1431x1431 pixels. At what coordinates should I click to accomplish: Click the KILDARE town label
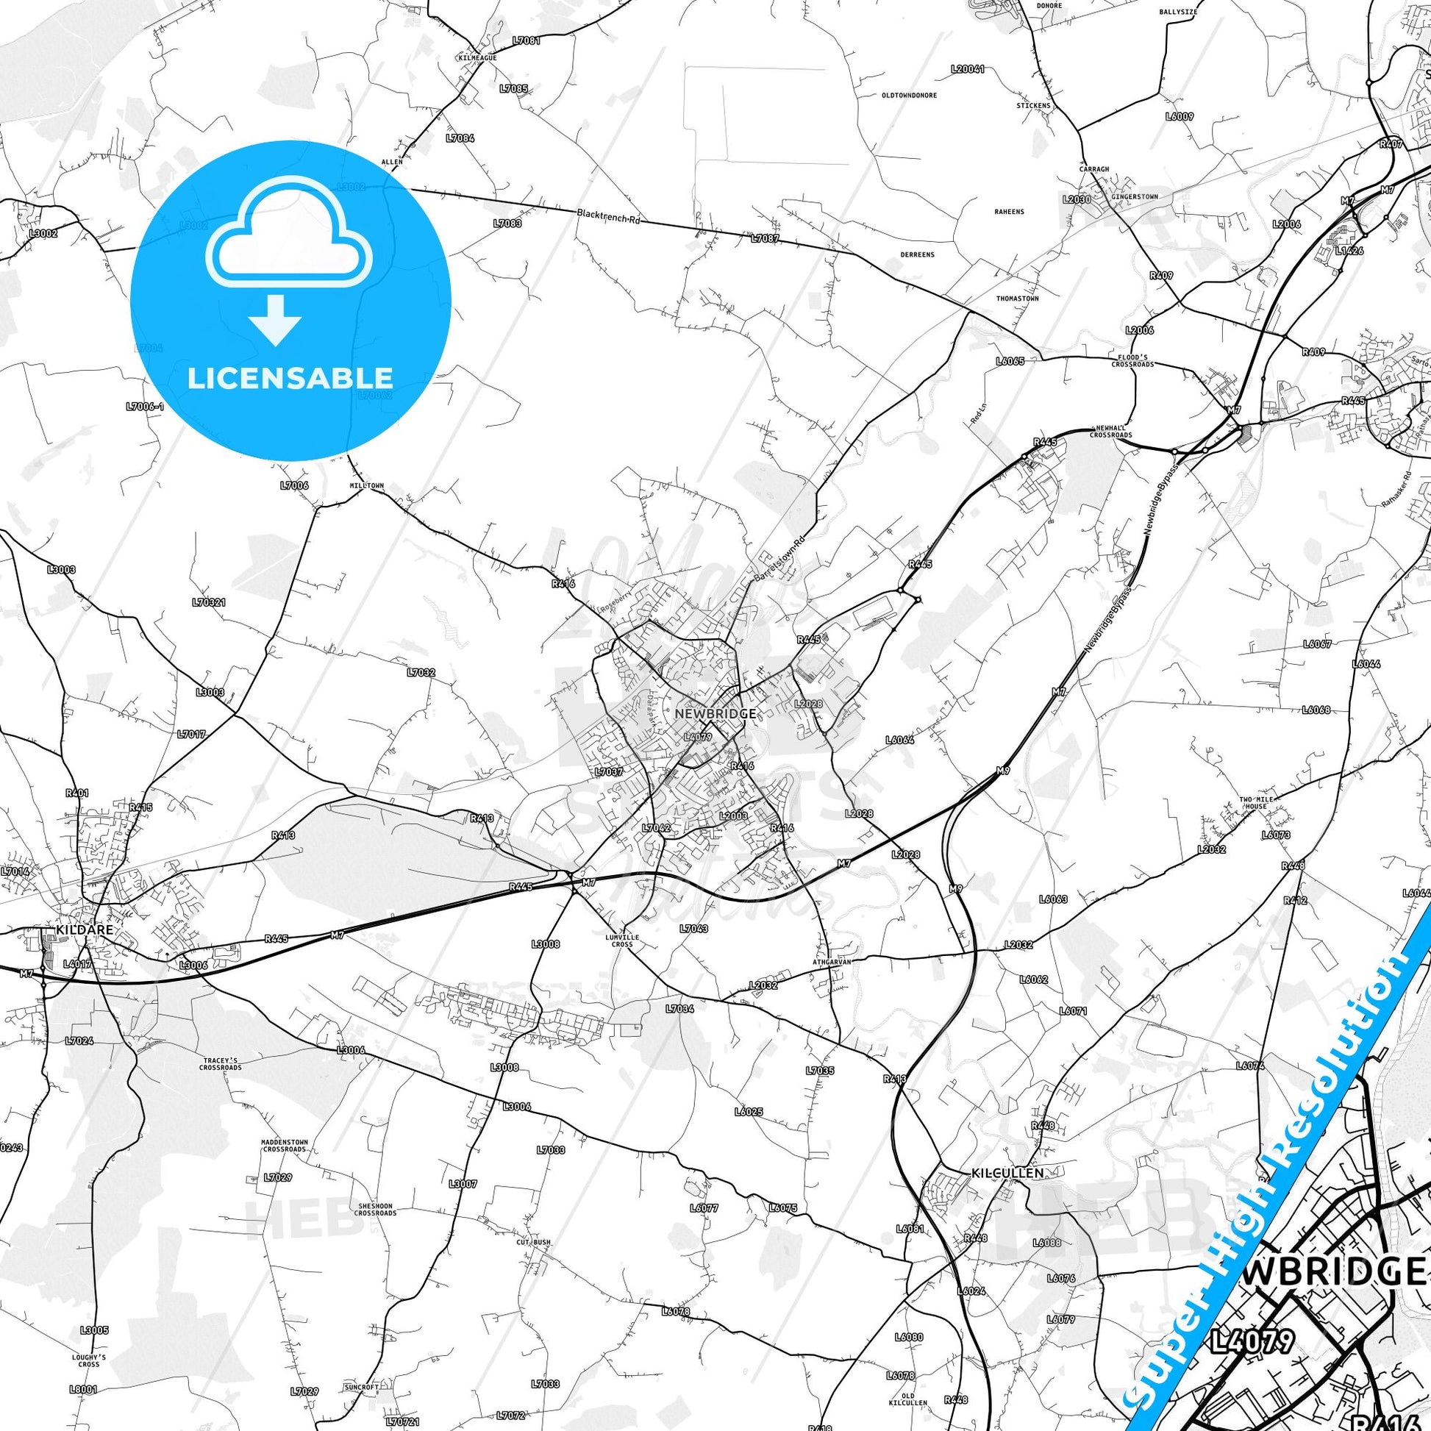pos(85,929)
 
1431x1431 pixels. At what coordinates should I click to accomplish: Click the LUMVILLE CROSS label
pos(621,941)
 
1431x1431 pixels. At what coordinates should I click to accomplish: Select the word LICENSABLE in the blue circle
pos(290,378)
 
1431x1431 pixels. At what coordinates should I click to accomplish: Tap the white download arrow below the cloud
pos(275,320)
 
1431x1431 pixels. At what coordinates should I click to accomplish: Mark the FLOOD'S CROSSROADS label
pos(1132,361)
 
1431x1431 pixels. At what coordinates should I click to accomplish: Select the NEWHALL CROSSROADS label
pos(1110,432)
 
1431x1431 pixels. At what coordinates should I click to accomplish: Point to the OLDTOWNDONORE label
pos(909,96)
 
